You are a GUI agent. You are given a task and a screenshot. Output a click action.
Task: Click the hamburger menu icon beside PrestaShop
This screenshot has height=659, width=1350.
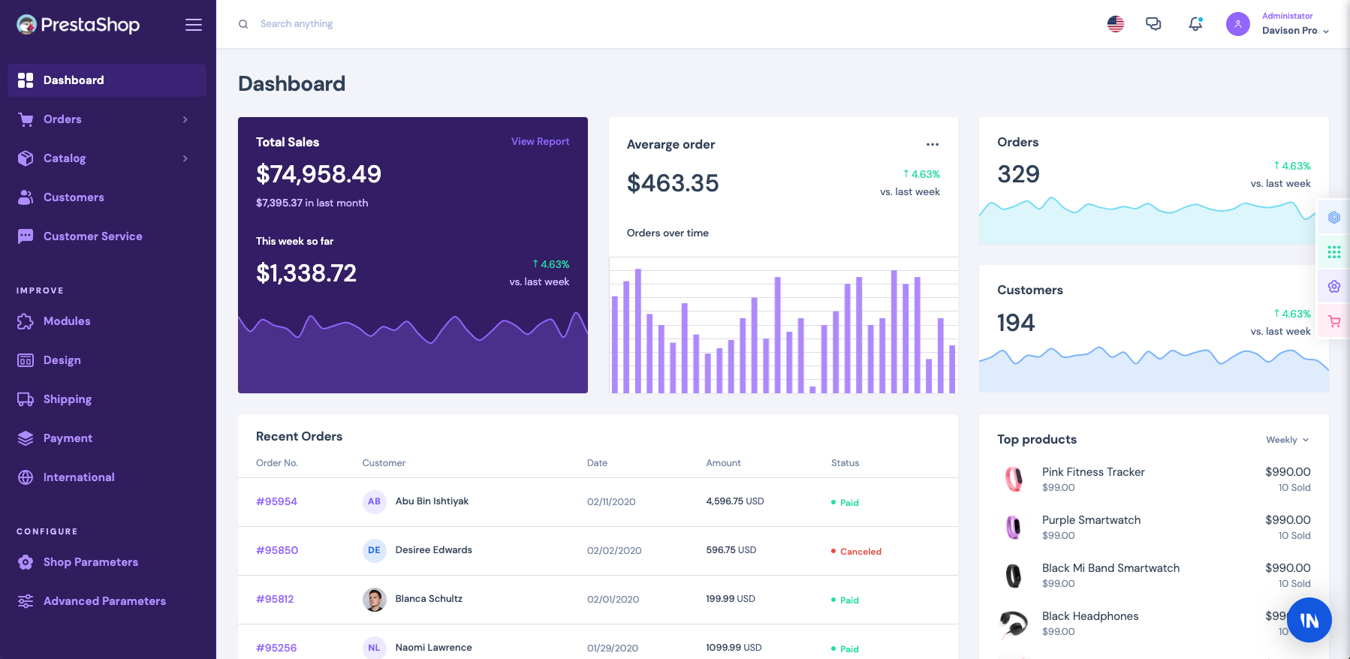[194, 25]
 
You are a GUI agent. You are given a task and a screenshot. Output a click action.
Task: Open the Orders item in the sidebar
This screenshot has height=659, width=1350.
[62, 119]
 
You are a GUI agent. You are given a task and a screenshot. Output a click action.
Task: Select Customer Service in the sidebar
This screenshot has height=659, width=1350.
[92, 236]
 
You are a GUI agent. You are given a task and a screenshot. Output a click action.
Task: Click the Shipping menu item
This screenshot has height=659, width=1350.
[67, 399]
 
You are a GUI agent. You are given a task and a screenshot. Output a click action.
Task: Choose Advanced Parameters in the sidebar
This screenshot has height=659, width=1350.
[104, 601]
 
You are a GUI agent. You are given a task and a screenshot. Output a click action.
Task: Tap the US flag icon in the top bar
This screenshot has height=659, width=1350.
[1116, 24]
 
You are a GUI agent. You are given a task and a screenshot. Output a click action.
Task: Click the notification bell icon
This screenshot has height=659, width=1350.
[1195, 24]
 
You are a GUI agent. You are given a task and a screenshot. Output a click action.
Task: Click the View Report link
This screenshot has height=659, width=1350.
[540, 141]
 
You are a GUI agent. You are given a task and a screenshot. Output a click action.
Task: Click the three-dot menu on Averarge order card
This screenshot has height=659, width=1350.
[932, 144]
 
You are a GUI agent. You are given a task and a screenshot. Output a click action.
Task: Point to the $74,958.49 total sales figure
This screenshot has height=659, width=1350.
[318, 174]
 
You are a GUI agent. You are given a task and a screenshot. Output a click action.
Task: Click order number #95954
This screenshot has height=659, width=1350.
[276, 501]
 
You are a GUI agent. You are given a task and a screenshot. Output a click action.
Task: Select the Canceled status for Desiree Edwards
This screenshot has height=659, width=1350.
[860, 552]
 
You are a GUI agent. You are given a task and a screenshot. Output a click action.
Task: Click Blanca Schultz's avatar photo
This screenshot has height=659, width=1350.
[374, 599]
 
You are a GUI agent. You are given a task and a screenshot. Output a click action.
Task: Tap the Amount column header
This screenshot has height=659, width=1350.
[723, 463]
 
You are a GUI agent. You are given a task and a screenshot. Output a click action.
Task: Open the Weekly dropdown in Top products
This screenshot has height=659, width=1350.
[1287, 440]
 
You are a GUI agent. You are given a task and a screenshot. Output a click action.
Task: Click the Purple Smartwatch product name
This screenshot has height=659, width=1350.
[1091, 520]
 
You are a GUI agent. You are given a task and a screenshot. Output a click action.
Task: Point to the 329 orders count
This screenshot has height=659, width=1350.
[1018, 174]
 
